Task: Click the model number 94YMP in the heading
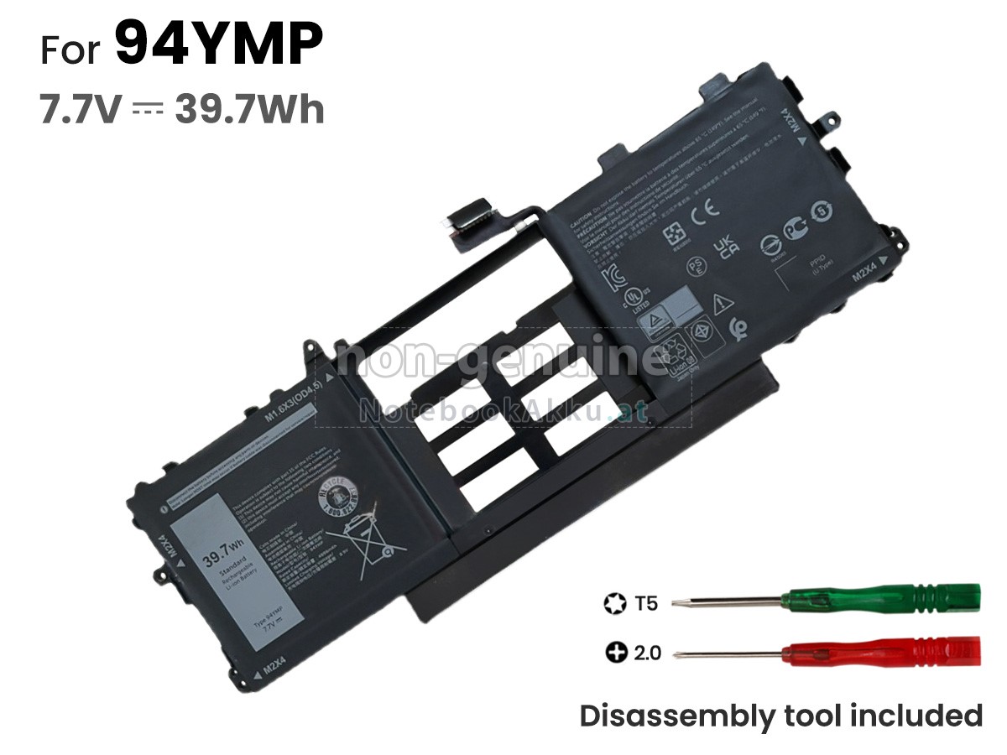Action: coord(218,45)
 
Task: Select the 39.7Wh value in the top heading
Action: coord(249,109)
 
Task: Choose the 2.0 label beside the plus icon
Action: coord(647,652)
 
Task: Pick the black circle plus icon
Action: coord(616,652)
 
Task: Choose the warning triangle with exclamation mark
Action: coord(719,303)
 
